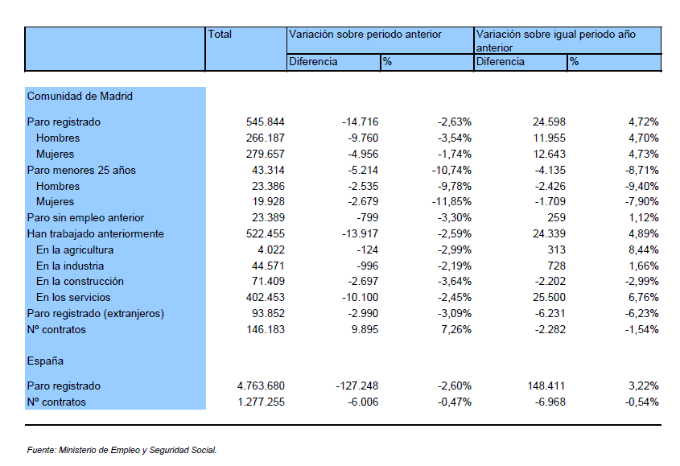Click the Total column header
[x=220, y=35]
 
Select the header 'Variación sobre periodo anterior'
[x=365, y=35]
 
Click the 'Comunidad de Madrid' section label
[x=80, y=96]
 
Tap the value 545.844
[x=266, y=122]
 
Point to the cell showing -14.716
[x=360, y=122]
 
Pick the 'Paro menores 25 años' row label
[x=81, y=170]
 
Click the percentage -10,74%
[x=451, y=170]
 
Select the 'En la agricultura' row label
[x=75, y=250]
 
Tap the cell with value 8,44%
[x=644, y=250]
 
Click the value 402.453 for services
[x=266, y=297]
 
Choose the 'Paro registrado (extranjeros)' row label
[x=96, y=313]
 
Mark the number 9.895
[x=365, y=330]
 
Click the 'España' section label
[x=45, y=361]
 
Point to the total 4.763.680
[x=261, y=386]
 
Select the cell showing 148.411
[x=546, y=386]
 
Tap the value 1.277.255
[x=261, y=402]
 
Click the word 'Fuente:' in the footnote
[x=42, y=450]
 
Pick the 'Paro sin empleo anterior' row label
[x=85, y=218]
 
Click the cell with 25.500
[x=549, y=297]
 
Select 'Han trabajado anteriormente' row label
[x=96, y=234]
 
